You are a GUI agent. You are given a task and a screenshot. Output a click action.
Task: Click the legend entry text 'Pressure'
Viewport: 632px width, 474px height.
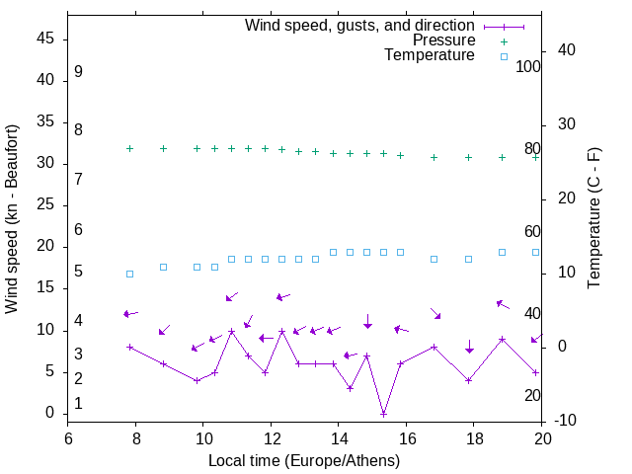(444, 40)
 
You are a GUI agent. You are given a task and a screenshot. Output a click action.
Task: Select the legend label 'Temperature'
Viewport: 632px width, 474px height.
(430, 56)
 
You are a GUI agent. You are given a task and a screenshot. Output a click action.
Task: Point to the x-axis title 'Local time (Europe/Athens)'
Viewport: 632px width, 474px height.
(304, 461)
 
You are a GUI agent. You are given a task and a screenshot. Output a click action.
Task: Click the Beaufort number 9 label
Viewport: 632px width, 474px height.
(78, 72)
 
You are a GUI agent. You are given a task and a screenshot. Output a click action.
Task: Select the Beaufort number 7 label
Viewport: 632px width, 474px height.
(78, 179)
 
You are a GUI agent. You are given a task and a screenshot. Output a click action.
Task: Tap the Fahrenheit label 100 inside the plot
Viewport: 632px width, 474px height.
(528, 67)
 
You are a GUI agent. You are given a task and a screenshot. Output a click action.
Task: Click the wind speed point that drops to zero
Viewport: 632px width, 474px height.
(383, 413)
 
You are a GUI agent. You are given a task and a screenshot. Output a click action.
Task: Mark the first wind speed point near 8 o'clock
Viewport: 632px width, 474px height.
(129, 347)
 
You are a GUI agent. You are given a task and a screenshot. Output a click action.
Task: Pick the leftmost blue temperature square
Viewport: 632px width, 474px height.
(129, 274)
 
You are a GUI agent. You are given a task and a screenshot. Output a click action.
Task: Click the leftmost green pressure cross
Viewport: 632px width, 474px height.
(129, 148)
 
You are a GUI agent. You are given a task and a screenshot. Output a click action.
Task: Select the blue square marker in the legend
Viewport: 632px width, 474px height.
(504, 56)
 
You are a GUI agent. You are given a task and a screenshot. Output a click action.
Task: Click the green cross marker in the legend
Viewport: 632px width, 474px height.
(504, 40)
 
